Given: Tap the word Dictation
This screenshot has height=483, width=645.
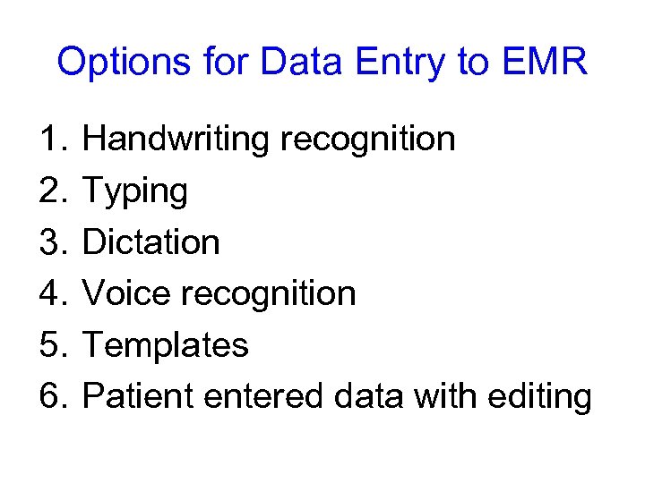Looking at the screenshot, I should tap(150, 242).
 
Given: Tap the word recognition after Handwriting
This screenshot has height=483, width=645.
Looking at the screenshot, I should tap(367, 140).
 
